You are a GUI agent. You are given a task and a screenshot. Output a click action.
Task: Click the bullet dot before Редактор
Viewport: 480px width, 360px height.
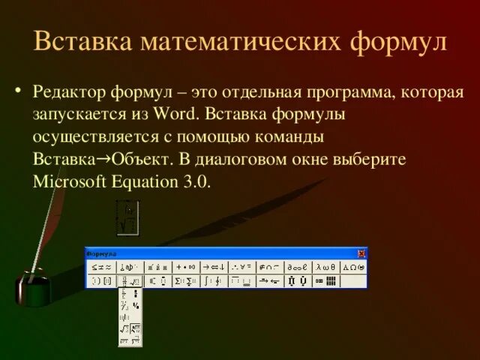pyautogui.click(x=19, y=92)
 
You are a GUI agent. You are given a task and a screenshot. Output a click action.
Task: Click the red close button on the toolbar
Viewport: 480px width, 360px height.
pyautogui.click(x=361, y=253)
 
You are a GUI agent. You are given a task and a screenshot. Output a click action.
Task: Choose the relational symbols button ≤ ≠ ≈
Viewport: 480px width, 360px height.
pyautogui.click(x=100, y=266)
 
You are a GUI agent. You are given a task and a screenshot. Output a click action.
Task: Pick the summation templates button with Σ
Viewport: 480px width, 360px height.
pyautogui.click(x=185, y=281)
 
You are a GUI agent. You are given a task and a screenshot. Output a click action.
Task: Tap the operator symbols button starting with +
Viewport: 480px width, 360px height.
pyautogui.click(x=185, y=266)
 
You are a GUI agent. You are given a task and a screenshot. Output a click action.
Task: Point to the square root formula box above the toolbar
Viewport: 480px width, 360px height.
pyautogui.click(x=128, y=217)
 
